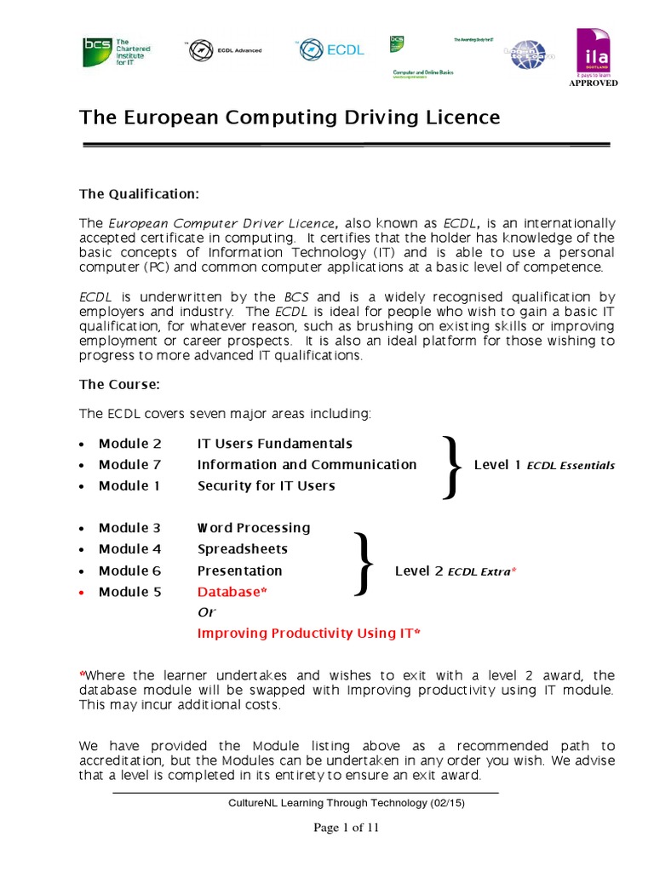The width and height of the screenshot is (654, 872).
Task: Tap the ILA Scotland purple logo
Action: (x=594, y=52)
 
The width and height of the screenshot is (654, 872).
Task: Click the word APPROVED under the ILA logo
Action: (x=594, y=83)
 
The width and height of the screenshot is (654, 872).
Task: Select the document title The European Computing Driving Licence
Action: (x=290, y=117)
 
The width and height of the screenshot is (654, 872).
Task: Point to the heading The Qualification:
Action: (x=139, y=194)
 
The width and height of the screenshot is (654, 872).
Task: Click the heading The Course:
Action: (x=119, y=384)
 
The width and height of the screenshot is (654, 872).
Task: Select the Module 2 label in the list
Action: (x=129, y=444)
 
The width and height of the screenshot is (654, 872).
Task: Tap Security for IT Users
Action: (x=266, y=486)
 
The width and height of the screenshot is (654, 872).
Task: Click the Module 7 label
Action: (x=129, y=465)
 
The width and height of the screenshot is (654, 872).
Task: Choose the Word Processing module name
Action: (x=254, y=528)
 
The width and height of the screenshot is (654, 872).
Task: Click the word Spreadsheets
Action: (x=243, y=549)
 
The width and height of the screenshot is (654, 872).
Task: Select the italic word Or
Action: (x=206, y=612)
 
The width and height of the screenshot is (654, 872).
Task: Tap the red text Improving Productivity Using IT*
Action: (x=309, y=634)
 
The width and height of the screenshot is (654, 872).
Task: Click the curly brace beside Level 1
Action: (x=452, y=465)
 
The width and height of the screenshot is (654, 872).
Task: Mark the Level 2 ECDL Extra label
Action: (x=456, y=571)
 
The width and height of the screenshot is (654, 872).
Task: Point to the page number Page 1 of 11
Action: (x=346, y=829)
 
